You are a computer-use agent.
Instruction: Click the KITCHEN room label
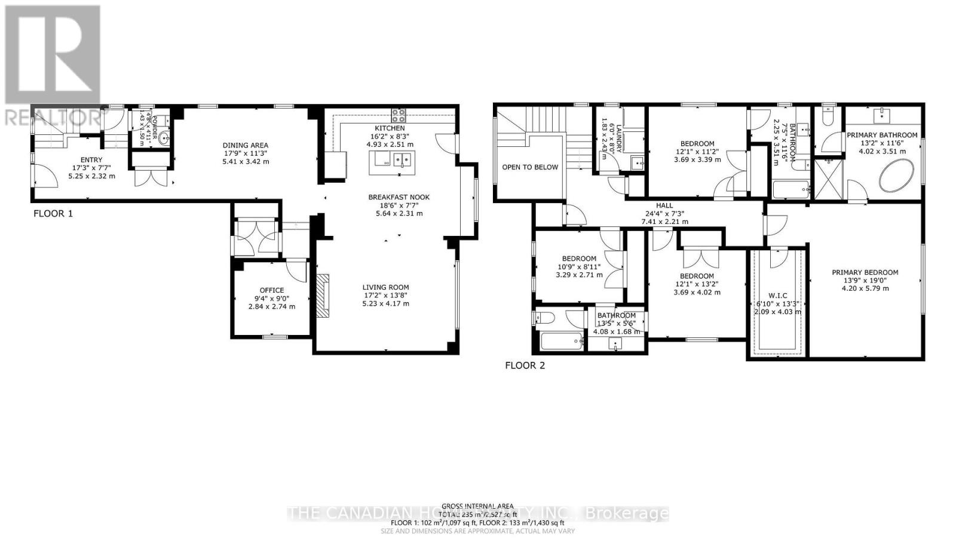[x=390, y=128]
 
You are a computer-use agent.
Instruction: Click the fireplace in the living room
[x=323, y=296]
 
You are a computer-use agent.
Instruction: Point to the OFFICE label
[x=271, y=290]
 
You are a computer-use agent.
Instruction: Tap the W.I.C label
[x=777, y=296]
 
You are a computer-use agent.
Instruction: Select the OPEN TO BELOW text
[x=530, y=167]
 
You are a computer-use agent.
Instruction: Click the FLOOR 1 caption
[x=53, y=213]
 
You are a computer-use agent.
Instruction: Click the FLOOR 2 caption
[x=525, y=365]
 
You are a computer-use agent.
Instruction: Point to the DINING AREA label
[x=245, y=145]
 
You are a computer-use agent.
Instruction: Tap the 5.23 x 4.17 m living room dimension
[x=385, y=303]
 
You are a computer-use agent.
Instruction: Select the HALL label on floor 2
[x=664, y=205]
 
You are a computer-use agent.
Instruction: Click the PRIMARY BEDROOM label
[x=865, y=272]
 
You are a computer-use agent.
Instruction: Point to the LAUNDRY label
[x=619, y=139]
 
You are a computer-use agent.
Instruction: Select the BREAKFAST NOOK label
[x=399, y=197]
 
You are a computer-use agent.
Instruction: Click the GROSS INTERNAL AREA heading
[x=477, y=506]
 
